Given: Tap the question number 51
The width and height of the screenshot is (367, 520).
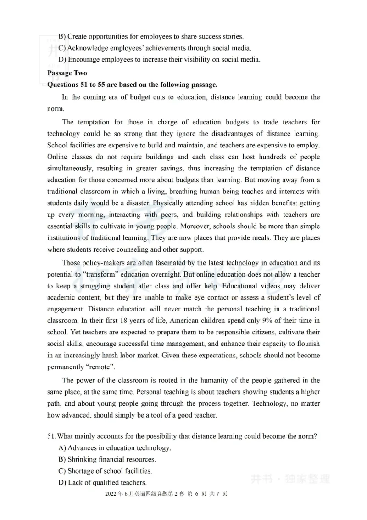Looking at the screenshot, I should [x=52, y=437].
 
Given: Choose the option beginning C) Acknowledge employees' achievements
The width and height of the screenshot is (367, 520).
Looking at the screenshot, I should [x=155, y=48].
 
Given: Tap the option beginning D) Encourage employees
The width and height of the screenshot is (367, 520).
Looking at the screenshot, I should [x=159, y=59].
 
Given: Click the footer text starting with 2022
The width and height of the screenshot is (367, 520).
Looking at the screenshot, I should [x=167, y=494].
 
